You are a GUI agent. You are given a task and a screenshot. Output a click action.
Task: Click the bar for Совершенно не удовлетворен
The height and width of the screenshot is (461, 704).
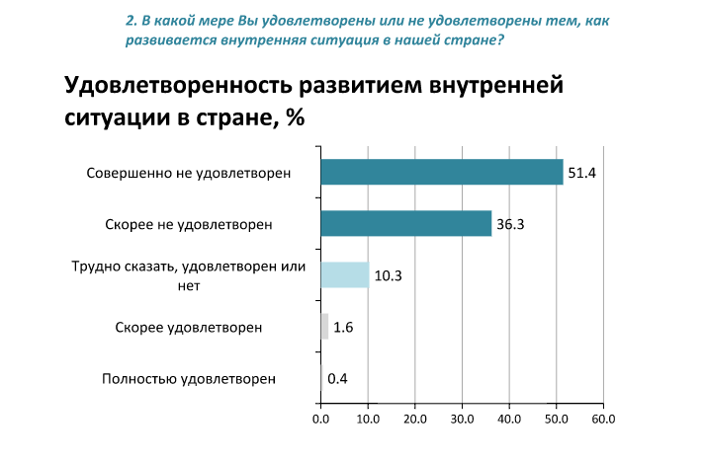pos(441,172)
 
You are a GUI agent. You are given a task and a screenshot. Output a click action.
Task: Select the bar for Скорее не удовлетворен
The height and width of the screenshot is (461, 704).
pos(405,223)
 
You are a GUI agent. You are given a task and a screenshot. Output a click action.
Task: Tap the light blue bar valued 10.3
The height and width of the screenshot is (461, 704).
pos(344,274)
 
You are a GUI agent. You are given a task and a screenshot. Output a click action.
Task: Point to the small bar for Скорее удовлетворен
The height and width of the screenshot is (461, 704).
pos(324,326)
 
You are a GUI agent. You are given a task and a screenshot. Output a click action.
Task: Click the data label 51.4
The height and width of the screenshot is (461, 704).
pos(578,173)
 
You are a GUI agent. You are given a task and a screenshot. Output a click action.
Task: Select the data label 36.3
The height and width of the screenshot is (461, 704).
pos(509,224)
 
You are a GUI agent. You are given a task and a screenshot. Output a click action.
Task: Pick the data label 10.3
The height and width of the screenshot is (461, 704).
pos(388,275)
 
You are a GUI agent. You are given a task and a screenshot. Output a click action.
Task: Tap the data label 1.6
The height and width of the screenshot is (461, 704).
pos(343,327)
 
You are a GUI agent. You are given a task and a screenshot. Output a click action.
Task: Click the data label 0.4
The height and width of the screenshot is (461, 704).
pos(337,378)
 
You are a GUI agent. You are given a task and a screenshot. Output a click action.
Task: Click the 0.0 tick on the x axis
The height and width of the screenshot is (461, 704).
pos(320,419)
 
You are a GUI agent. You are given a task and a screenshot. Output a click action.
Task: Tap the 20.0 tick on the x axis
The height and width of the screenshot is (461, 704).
pos(414,419)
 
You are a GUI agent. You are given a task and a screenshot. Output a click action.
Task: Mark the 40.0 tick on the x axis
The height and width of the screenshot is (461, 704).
pos(508,419)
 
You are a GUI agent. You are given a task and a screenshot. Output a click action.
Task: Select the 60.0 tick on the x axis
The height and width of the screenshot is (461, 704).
pos(602,419)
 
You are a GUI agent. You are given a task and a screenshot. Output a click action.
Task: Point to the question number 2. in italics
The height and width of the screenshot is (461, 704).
pos(132,21)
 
